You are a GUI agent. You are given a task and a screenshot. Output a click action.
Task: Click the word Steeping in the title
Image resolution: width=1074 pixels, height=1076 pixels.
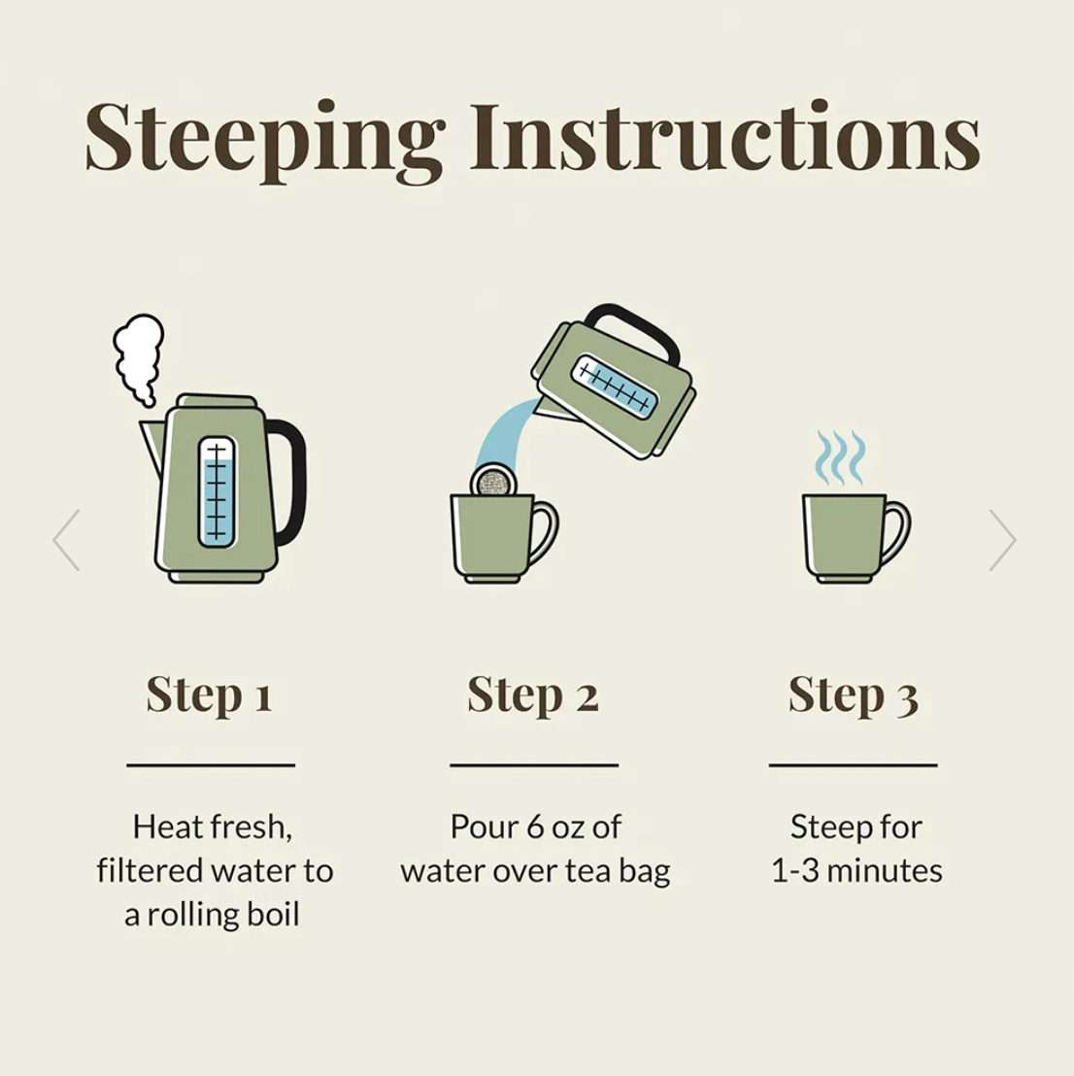[x=265, y=141]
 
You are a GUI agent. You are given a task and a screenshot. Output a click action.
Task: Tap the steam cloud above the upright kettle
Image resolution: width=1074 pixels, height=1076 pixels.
[x=139, y=359]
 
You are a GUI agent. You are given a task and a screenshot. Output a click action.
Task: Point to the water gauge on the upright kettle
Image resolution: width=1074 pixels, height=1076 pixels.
[x=217, y=491]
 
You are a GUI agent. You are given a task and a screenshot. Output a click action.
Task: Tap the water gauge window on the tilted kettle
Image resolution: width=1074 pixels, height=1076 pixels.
[x=615, y=386]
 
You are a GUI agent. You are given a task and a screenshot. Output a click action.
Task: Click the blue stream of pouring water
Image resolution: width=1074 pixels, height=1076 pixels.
[x=505, y=432]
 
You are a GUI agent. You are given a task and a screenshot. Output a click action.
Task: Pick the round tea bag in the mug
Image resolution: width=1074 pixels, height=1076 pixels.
[x=491, y=481]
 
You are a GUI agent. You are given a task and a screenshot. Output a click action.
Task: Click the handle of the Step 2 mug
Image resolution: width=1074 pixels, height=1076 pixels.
[x=544, y=532]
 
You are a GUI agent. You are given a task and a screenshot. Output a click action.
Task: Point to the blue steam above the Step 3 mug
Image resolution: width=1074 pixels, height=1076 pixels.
[x=839, y=457]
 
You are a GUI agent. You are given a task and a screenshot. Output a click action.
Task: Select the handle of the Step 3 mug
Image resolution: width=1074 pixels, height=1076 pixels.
[x=895, y=532]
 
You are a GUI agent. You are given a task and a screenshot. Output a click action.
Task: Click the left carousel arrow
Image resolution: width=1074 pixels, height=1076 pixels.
[x=67, y=540]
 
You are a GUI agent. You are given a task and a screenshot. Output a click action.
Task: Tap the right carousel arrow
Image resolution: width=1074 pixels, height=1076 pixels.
[x=1002, y=540]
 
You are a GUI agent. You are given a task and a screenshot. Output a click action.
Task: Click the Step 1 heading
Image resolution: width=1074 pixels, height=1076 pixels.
[x=210, y=696]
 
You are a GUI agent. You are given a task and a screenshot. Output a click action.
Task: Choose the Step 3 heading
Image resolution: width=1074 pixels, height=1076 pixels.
[x=853, y=696]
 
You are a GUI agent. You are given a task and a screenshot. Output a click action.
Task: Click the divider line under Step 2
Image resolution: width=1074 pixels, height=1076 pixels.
[x=534, y=764]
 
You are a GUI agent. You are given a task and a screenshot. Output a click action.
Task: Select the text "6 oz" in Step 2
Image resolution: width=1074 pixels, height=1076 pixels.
[x=554, y=826]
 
